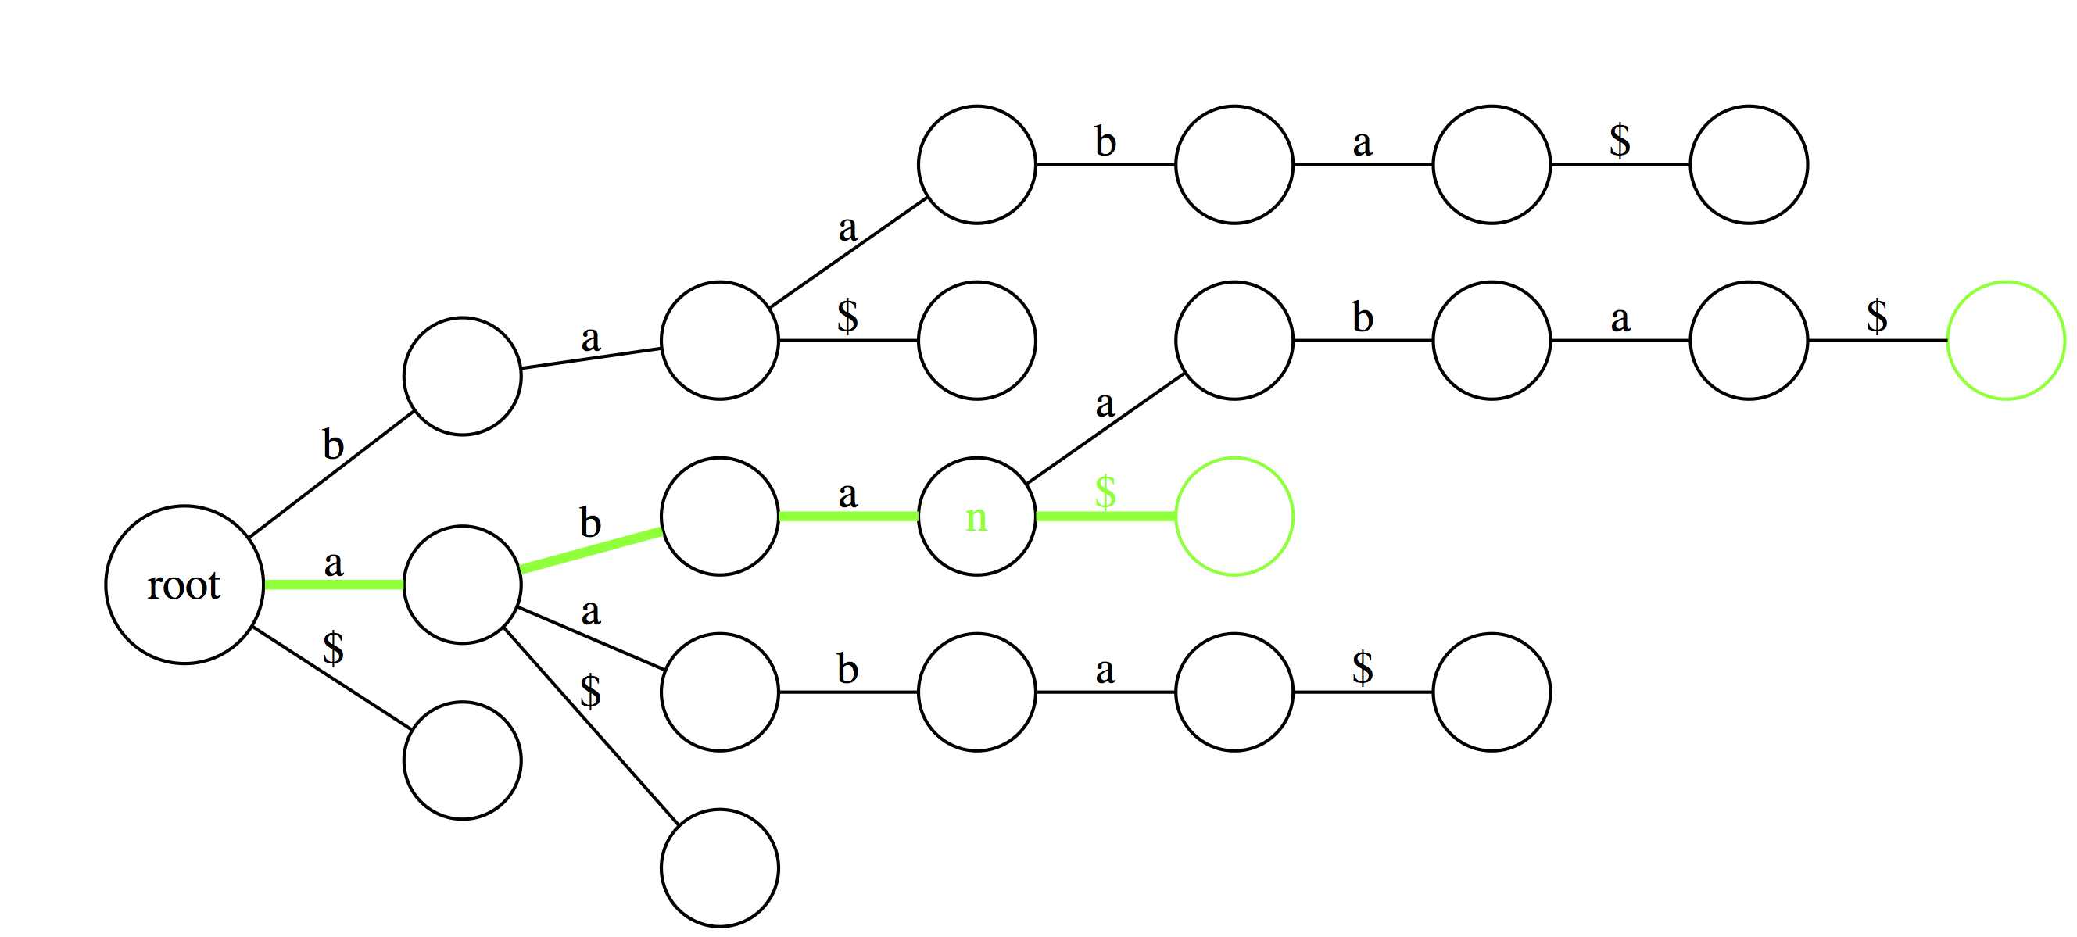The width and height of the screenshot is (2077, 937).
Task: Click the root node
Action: click(184, 585)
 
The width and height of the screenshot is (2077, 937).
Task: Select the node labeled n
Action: click(976, 516)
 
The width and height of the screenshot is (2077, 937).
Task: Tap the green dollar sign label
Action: click(1105, 492)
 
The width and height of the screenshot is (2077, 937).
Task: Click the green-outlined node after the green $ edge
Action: click(1234, 516)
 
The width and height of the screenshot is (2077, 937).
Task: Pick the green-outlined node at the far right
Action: click(2006, 340)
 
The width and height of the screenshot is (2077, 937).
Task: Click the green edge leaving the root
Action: click(334, 585)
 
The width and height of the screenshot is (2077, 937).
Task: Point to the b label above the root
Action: click(333, 445)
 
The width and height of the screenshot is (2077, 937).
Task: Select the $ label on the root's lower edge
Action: click(333, 649)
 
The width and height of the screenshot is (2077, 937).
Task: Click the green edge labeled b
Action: click(591, 550)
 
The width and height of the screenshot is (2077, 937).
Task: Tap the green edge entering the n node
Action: click(848, 516)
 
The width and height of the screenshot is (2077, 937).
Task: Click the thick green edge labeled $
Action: click(1105, 516)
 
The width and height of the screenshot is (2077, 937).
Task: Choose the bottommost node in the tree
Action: click(719, 867)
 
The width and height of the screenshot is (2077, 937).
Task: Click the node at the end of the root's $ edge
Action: click(462, 760)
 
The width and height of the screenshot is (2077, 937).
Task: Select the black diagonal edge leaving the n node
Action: click(1105, 429)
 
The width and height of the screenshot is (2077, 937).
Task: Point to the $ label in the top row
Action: click(1620, 141)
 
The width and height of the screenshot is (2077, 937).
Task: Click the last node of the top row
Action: click(1749, 164)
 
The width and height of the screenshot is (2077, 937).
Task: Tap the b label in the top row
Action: click(1105, 142)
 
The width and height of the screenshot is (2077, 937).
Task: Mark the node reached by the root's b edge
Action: click(462, 376)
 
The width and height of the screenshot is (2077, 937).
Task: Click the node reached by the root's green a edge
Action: click(462, 585)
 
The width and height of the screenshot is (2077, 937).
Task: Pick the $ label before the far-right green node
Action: click(1877, 316)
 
